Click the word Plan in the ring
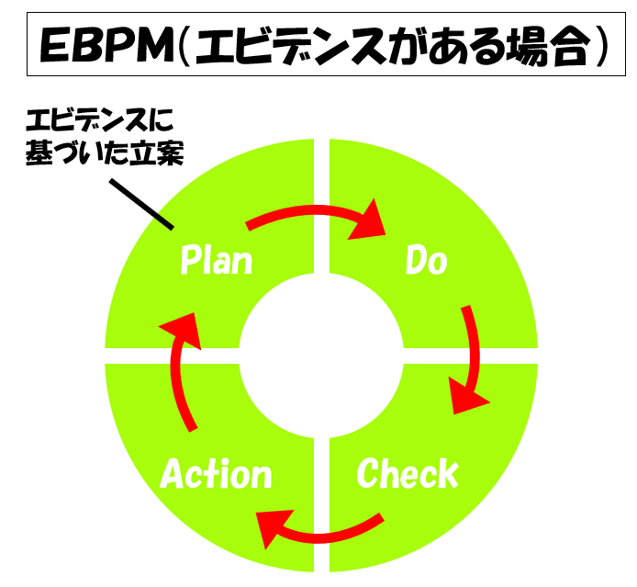(x=216, y=261)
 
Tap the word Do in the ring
(x=426, y=261)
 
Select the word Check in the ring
(x=407, y=474)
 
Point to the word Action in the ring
(x=216, y=474)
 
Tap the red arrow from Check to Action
(x=317, y=530)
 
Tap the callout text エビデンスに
(x=98, y=121)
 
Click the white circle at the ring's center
(x=320, y=355)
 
